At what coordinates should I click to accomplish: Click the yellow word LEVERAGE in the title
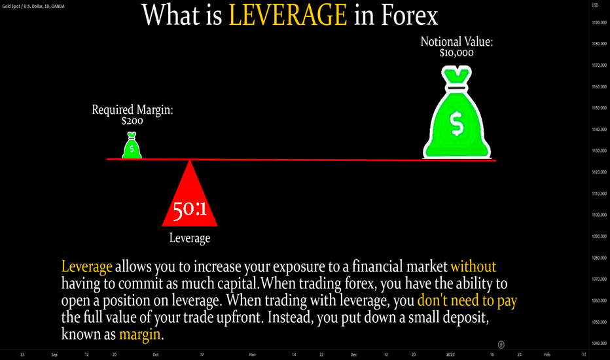coord(288,15)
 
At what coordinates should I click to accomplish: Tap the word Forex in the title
coord(409,15)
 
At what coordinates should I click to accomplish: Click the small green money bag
coord(132,145)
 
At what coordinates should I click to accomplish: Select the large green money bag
coord(457,112)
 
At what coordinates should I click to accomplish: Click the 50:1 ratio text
coord(190,210)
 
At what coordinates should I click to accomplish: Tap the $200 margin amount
coord(132,121)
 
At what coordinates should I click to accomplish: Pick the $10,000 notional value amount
coord(457,53)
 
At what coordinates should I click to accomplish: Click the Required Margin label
coord(133,110)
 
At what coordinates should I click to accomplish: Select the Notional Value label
coord(457,42)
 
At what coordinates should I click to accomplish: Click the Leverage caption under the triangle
coord(190,238)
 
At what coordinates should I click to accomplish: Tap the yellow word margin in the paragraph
coord(140,334)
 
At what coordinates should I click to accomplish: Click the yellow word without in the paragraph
coord(473,266)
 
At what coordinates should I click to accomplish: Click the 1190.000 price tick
coord(599,22)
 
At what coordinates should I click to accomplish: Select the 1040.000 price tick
coord(599,343)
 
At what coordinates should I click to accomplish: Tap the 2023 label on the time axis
coord(450,355)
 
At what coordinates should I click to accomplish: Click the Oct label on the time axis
coord(156,355)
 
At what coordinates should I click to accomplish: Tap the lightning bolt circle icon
coord(501,344)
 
